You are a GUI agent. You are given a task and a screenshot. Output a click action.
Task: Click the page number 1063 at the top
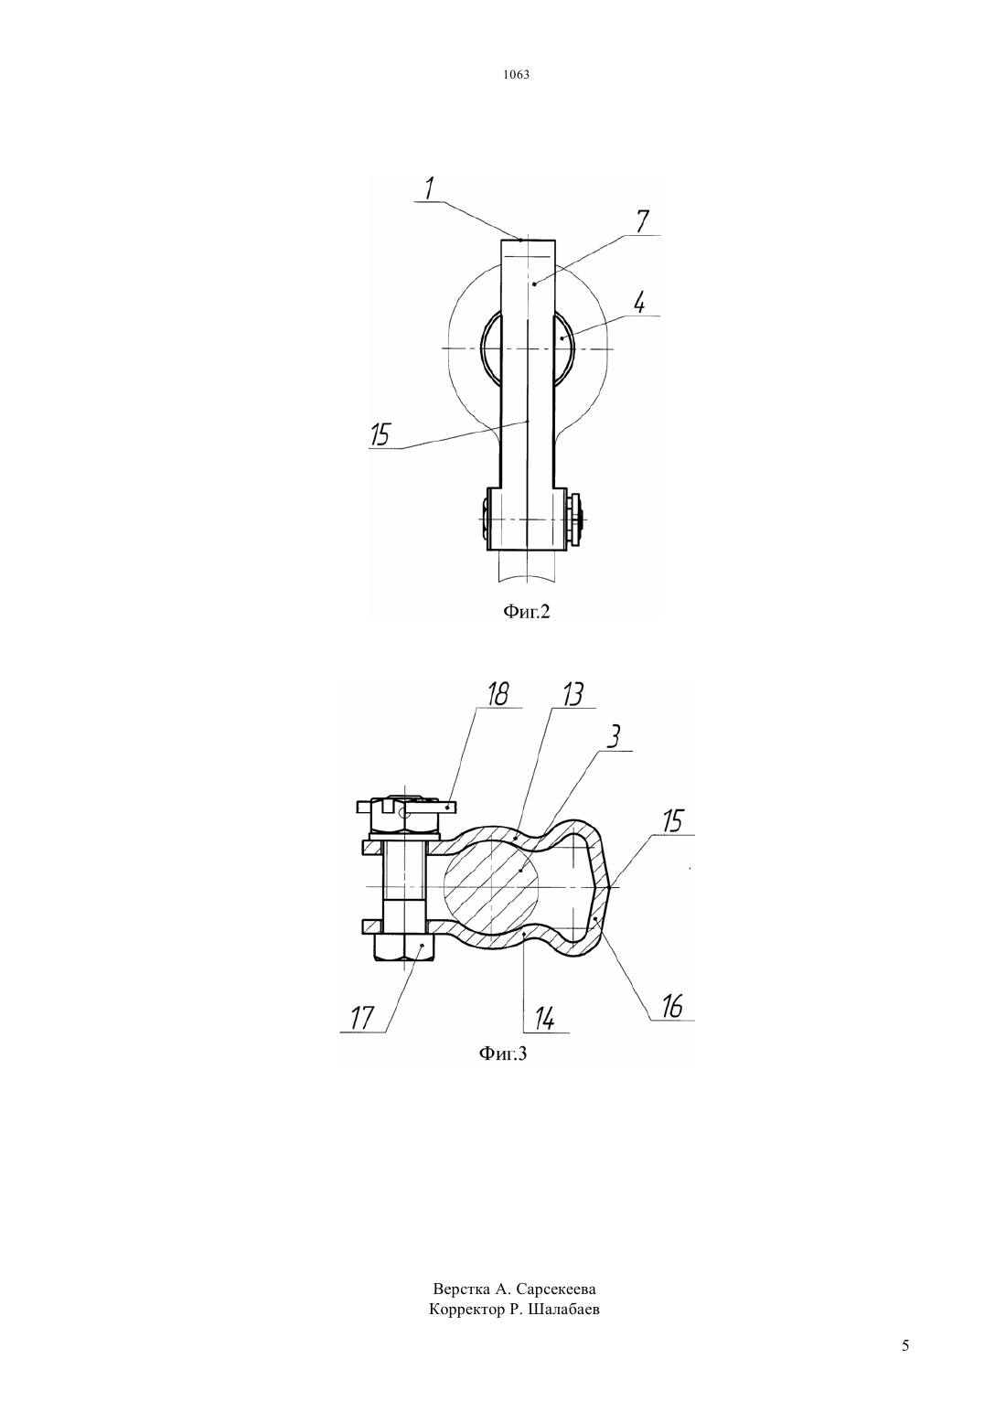click(x=516, y=74)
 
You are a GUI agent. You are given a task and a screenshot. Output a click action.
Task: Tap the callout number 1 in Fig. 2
click(x=430, y=188)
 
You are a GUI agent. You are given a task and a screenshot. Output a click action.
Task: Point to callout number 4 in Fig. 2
click(x=639, y=303)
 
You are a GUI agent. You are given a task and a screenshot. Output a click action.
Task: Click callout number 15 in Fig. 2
click(x=380, y=436)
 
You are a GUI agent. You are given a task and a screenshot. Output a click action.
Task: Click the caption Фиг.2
click(x=526, y=612)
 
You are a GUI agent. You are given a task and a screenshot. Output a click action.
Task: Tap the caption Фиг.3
click(x=502, y=1054)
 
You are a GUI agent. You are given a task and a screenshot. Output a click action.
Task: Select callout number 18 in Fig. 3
click(x=498, y=694)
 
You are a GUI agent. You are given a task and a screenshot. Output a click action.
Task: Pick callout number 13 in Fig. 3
click(x=573, y=694)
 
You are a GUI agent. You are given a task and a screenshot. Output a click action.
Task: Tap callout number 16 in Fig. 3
click(x=671, y=1007)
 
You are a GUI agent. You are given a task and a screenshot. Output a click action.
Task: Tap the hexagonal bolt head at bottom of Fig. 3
click(x=405, y=947)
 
